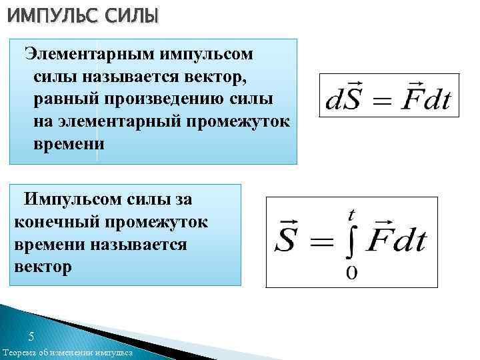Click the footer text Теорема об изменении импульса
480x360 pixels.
pos(67,353)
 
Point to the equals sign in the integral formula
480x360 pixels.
pos(319,242)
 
